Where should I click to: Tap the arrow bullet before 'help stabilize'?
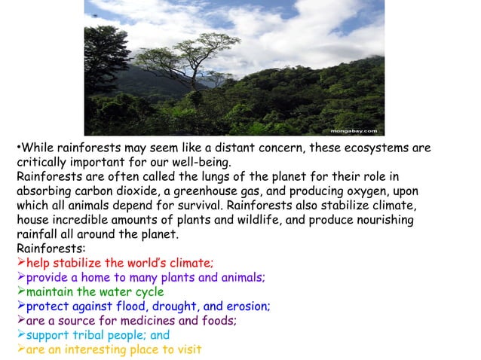click(x=21, y=263)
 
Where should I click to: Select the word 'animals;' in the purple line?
click(x=240, y=277)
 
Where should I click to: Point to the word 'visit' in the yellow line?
click(x=188, y=349)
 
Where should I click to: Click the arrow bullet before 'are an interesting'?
click(x=21, y=349)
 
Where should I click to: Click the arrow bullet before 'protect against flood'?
click(x=21, y=306)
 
